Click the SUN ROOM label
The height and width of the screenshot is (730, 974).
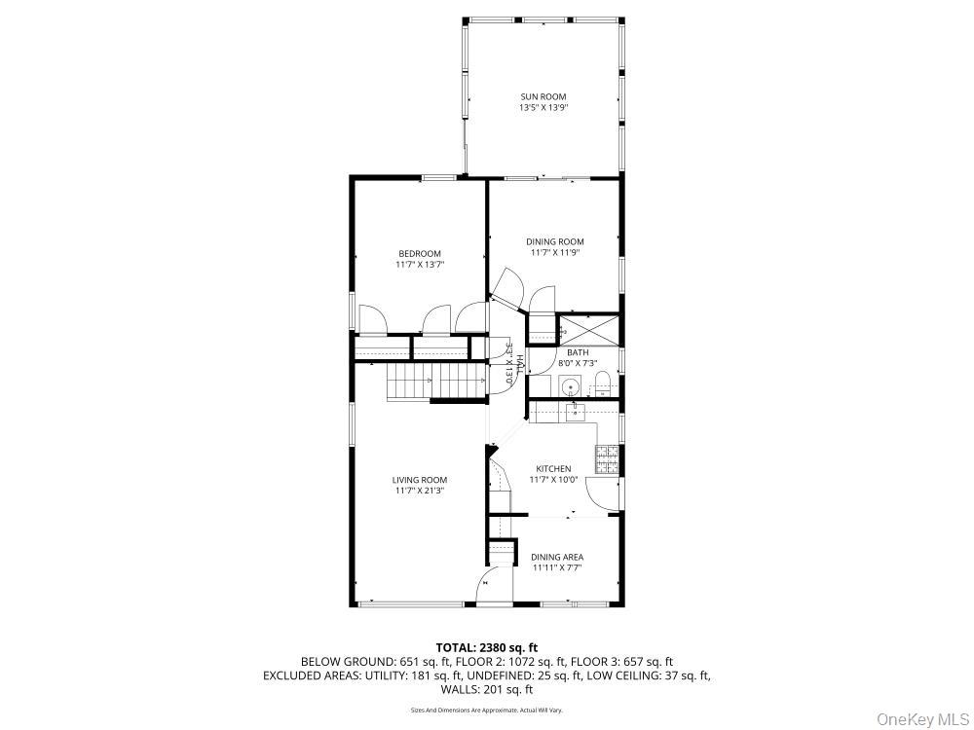point(543,96)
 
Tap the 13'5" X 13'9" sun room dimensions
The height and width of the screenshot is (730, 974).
point(543,108)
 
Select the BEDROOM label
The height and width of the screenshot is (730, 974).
point(419,253)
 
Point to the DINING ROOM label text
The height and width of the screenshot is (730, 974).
point(554,241)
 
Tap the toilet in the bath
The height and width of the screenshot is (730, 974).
point(602,383)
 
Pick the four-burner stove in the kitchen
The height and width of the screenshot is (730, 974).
point(607,457)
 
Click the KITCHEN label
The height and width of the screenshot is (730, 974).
point(553,468)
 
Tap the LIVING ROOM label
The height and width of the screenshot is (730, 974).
point(420,480)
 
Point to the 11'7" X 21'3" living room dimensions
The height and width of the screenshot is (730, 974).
point(420,492)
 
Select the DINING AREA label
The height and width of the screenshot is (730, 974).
point(557,557)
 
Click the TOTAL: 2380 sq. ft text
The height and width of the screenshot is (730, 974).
point(486,646)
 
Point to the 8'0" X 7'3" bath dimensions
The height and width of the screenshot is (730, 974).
point(578,363)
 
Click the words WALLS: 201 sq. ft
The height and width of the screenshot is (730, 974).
point(486,689)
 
